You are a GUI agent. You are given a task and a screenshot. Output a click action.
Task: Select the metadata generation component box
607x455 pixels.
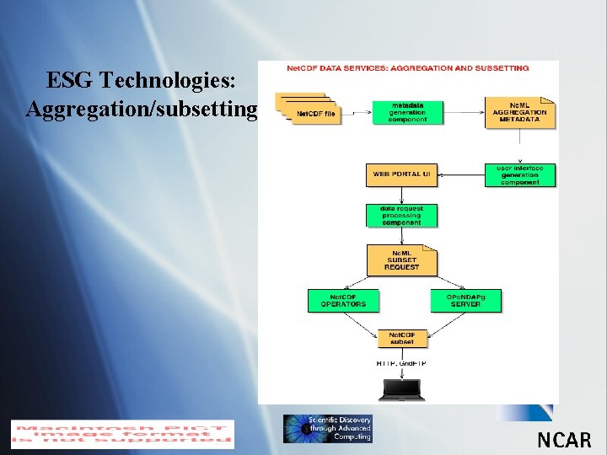[407, 112]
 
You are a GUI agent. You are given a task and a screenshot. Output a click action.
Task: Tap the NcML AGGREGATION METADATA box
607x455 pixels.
[519, 111]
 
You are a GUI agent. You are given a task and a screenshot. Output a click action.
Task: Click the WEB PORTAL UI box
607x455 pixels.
[401, 174]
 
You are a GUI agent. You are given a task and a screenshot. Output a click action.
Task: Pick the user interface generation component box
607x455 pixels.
[520, 175]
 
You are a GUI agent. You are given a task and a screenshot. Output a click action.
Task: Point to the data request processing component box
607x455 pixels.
[401, 216]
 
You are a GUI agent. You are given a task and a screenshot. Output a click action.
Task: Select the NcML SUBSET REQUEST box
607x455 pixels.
[401, 260]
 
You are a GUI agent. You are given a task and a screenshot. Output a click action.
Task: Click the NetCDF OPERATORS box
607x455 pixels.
[343, 300]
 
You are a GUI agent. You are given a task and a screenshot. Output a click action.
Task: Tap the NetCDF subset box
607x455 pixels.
[401, 339]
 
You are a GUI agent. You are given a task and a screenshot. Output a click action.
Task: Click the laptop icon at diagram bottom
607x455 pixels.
[401, 389]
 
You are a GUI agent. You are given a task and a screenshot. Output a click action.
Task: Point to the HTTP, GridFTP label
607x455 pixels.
[401, 363]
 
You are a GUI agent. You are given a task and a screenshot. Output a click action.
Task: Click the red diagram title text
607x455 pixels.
[408, 67]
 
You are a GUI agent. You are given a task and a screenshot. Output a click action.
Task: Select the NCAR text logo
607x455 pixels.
[564, 439]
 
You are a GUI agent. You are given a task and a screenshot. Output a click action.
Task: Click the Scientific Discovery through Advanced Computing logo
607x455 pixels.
[327, 429]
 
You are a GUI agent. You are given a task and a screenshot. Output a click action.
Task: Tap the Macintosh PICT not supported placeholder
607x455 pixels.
[122, 433]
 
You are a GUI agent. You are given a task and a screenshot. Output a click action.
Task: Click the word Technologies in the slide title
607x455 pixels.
[172, 81]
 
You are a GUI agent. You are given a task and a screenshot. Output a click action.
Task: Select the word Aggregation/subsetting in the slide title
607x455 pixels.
[141, 110]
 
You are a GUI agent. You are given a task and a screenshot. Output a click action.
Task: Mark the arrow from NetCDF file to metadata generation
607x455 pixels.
[357, 111]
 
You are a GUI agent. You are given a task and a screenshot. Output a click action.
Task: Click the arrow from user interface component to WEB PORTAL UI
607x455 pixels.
[461, 175]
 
